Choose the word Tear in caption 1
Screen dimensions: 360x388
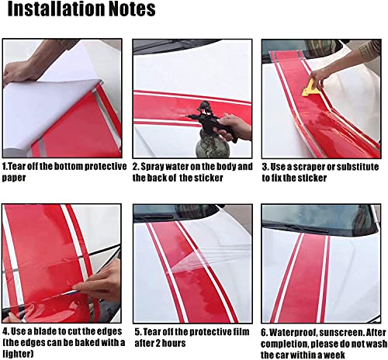(19, 166)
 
